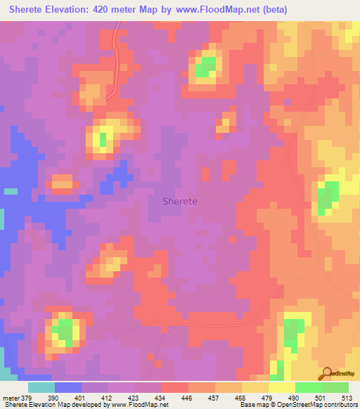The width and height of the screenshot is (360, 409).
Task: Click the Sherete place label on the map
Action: pos(180,201)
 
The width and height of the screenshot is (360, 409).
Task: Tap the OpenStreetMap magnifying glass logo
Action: pos(326,374)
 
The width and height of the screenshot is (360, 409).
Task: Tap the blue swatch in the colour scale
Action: pos(67,387)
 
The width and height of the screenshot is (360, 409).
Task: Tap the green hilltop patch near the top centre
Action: pos(205,67)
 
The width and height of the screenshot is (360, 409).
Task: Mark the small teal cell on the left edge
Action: pos(11,190)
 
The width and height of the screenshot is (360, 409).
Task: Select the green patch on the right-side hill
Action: pos(327,197)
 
